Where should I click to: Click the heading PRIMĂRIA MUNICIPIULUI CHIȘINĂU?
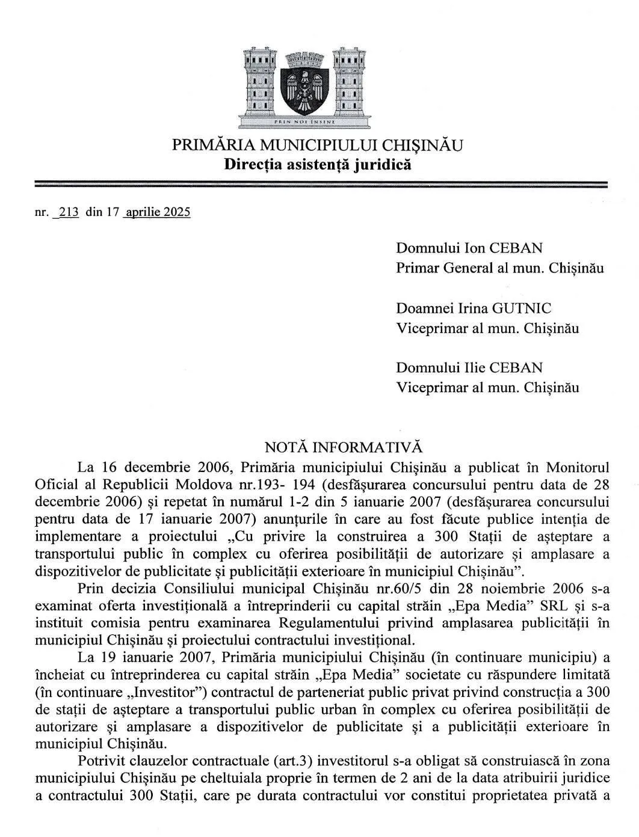tap(318, 145)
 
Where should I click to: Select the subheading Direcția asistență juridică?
tap(318, 164)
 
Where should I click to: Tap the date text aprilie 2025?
tap(156, 212)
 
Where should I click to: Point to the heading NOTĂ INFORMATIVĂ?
tap(344, 447)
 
